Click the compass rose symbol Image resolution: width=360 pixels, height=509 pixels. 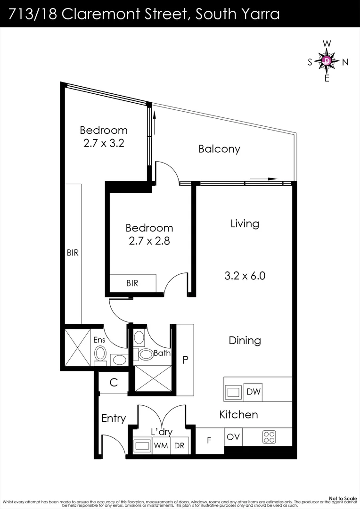(327, 61)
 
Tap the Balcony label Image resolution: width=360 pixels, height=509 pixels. (219, 149)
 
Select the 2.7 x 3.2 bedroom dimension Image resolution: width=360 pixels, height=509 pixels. (103, 143)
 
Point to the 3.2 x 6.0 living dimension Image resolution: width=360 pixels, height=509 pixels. (245, 276)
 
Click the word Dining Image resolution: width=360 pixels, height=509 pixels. (245, 340)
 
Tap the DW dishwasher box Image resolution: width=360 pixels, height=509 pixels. (254, 392)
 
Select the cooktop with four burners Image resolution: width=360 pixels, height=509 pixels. (269, 437)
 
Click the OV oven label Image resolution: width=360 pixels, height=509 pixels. (233, 437)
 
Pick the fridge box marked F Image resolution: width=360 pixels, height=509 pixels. (209, 441)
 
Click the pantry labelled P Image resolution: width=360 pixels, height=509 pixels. (185, 360)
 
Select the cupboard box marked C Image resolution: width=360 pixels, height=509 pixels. (114, 383)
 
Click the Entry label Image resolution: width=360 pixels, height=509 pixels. (114, 418)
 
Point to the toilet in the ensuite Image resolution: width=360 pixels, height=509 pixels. (100, 353)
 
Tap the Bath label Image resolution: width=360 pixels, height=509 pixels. (162, 353)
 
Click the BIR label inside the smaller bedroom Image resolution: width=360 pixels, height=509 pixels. (132, 283)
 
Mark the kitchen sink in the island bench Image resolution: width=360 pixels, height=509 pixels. (233, 392)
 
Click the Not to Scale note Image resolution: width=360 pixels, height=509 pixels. (343, 498)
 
